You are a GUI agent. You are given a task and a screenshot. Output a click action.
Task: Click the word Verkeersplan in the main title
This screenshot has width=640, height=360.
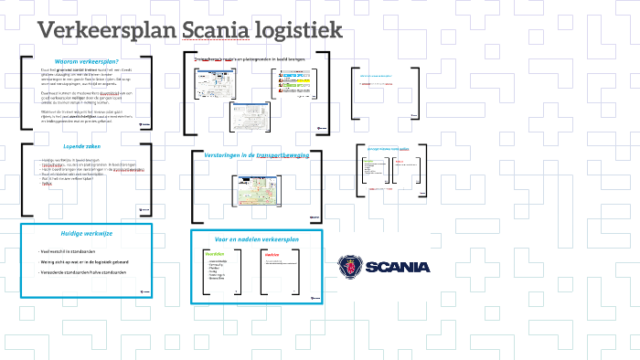pos(106,31)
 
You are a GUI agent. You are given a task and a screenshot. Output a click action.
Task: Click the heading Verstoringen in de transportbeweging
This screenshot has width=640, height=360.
pos(257,156)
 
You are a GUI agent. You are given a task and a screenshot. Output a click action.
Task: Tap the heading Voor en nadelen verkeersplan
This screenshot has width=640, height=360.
pos(257,238)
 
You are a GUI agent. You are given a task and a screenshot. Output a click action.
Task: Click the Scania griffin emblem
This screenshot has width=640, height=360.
pos(348,267)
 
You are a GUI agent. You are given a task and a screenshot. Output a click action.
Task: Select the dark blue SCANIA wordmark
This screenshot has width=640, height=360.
pos(397,267)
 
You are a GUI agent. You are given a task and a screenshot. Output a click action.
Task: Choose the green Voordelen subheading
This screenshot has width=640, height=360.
pos(214,253)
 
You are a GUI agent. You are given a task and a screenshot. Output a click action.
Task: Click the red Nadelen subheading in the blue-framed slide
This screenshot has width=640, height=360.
pos(272,255)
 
